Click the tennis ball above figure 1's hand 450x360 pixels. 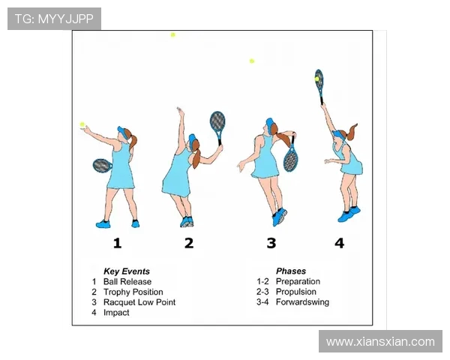coord(82,124)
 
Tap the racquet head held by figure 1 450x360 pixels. coord(102,166)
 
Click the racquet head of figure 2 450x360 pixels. coord(217,121)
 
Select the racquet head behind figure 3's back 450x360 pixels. coord(290,159)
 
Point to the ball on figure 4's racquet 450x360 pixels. coord(316,79)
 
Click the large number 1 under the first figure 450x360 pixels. coord(117,243)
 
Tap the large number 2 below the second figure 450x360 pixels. coord(189,243)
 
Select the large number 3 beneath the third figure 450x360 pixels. coord(271,243)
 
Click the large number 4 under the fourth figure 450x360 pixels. coord(339,243)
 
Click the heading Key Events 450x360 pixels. coord(127,271)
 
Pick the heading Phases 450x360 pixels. coord(291,271)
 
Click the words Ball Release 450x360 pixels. coord(127,282)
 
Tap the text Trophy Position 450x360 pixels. coord(133,292)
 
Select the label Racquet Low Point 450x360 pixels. coord(139,302)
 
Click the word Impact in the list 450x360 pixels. coord(116,313)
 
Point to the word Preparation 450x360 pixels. coord(298,282)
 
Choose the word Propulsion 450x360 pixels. coord(296,292)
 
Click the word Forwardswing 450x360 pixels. coord(302,302)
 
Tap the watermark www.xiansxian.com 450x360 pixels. coord(380,342)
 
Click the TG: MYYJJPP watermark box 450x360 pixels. coord(54,19)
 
